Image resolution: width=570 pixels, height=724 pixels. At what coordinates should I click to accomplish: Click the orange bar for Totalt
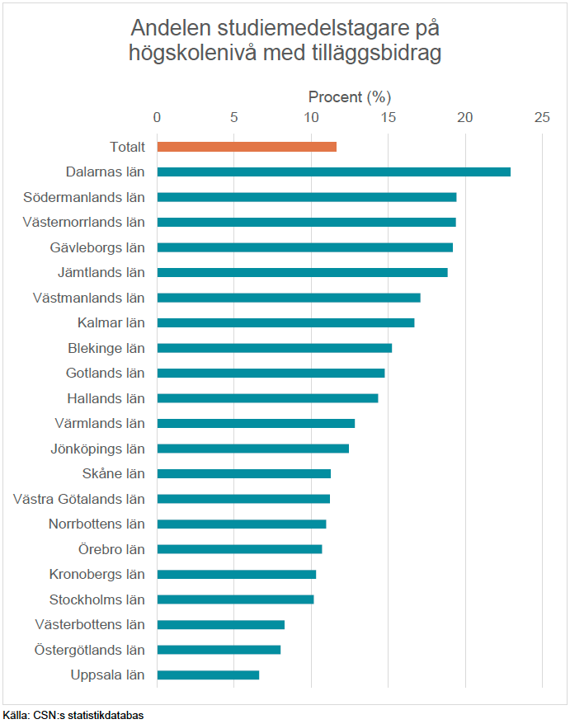247,147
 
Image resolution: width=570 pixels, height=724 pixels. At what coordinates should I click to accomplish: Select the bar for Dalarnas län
333,172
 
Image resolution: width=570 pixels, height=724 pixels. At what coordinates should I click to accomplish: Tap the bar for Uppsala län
208,675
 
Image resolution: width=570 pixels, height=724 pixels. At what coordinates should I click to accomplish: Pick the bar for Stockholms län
235,599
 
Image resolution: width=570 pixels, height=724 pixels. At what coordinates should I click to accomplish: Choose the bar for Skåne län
243,473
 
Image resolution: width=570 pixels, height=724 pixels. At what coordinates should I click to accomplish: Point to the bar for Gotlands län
271,373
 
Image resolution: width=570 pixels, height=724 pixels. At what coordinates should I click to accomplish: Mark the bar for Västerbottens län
220,624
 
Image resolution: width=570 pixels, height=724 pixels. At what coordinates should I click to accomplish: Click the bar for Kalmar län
285,322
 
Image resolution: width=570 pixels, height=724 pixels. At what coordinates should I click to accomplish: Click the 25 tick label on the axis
542,117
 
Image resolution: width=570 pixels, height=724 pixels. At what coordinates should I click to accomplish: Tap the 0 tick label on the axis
158,117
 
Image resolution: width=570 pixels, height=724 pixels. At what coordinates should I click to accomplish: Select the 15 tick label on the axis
388,117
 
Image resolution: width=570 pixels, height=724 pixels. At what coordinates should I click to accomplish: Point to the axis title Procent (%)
349,96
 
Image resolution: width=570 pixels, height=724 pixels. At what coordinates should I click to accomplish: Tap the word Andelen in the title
169,28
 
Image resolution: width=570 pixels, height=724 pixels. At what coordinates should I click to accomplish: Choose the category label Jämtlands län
101,272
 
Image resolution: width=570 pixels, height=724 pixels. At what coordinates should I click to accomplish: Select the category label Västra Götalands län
79,499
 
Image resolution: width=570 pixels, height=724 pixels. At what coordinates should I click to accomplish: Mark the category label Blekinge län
106,348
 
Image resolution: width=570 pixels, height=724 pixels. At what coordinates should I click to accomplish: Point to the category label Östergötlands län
90,650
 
